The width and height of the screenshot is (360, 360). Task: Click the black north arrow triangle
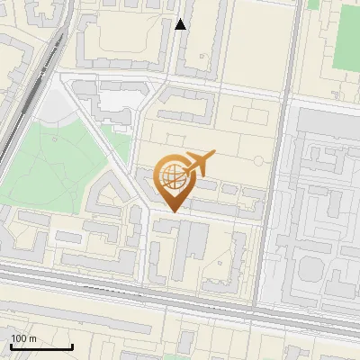click(x=181, y=24)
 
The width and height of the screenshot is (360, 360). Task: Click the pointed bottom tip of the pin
click(x=172, y=211)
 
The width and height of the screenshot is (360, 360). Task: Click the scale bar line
click(x=41, y=346)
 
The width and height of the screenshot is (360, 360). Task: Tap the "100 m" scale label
click(x=24, y=337)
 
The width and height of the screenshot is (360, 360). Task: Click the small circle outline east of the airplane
click(x=258, y=160)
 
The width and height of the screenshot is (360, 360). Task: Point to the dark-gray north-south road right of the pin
click(x=270, y=180)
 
